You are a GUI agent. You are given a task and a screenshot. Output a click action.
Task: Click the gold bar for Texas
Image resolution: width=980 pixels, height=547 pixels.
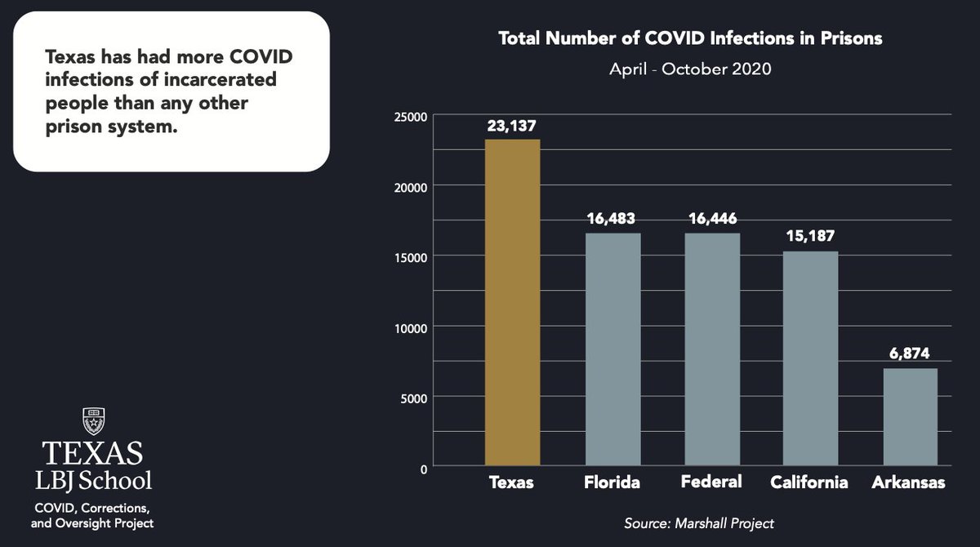(x=512, y=302)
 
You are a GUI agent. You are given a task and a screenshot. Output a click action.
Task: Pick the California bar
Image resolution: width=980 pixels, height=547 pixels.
(x=810, y=358)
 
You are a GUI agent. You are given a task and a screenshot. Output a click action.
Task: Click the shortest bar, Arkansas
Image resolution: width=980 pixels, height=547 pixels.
(x=910, y=417)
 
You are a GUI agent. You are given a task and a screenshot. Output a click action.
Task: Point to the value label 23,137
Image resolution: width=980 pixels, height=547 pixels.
(x=512, y=126)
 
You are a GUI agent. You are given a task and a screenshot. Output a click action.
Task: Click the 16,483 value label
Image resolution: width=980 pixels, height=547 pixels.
(x=612, y=219)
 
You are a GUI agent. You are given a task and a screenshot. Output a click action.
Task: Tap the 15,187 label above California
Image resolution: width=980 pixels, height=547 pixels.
(x=810, y=237)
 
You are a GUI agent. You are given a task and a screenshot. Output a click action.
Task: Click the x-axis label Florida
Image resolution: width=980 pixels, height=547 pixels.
(x=612, y=483)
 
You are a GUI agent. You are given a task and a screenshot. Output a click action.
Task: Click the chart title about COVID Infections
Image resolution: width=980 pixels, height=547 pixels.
(x=690, y=38)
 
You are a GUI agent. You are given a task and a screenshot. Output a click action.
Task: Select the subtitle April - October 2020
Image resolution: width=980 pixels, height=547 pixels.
(x=690, y=69)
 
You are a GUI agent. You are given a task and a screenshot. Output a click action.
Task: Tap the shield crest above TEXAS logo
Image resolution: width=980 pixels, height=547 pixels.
(x=91, y=421)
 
